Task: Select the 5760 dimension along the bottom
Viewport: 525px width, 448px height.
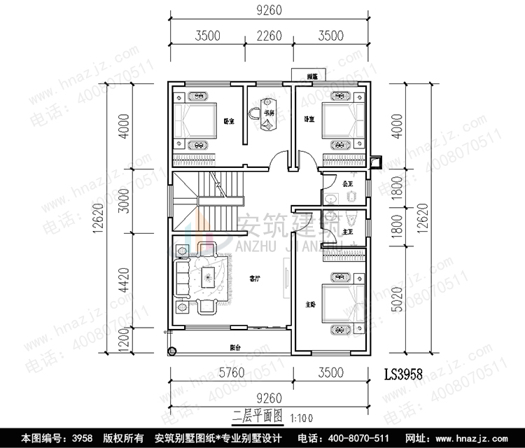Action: (230, 372)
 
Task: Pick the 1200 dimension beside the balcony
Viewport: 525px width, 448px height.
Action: (124, 343)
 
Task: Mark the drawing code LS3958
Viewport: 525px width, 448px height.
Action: (404, 374)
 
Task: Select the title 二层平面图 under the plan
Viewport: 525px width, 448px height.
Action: (259, 414)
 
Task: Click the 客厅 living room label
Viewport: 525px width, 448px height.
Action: (255, 278)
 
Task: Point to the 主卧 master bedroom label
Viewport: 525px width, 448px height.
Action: (309, 304)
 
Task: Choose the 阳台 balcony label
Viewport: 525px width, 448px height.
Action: (235, 347)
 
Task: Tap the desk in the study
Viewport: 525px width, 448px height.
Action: (267, 115)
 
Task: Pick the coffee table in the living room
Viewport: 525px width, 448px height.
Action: (208, 278)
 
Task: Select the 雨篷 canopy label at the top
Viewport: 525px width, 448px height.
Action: (306, 76)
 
